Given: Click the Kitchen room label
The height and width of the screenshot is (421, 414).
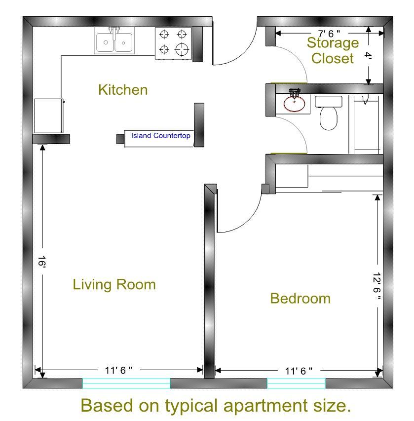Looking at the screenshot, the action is tap(123, 90).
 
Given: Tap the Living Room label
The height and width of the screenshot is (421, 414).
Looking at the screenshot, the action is tap(114, 285).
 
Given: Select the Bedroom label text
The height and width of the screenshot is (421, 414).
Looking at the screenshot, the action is tap(300, 299).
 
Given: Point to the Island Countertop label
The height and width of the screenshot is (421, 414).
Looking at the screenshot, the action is tap(160, 136).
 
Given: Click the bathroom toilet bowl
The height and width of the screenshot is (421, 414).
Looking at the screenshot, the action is tap(329, 118).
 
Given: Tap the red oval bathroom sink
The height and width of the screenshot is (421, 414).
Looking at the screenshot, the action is tap(294, 104).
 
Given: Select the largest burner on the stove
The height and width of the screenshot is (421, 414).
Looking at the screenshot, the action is tap(182, 49).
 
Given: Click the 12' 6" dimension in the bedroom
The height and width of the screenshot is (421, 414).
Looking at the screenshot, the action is tap(376, 286).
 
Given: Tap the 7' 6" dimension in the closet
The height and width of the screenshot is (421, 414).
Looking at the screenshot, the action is tap(329, 34).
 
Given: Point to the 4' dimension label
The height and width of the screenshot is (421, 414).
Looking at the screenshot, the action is tap(368, 56).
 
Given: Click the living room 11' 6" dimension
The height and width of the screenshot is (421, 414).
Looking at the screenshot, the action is tap(118, 370).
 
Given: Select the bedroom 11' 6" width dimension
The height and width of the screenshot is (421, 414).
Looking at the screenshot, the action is tap(299, 371).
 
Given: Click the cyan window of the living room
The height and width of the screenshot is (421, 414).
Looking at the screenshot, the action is tap(126, 383).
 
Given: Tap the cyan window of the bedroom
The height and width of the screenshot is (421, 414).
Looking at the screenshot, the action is tap(297, 383).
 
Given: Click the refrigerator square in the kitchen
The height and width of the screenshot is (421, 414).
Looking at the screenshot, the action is tap(49, 115).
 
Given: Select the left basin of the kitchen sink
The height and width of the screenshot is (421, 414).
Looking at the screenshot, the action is tap(105, 42).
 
